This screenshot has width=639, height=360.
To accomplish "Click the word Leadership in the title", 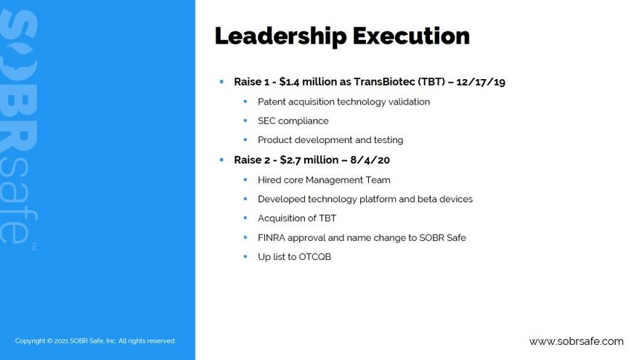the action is point(280,36).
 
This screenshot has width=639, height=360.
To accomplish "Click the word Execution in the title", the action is point(411,36).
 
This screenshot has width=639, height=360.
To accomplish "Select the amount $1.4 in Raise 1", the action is point(289,82).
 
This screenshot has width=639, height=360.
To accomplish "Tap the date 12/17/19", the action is point(481,82).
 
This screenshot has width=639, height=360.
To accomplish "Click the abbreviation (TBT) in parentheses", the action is point(431,82).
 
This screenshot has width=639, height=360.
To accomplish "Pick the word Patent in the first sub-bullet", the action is point(272,102).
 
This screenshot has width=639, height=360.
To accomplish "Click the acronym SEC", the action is point(266,121).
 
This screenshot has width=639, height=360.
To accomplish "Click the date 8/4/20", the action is point(370,160).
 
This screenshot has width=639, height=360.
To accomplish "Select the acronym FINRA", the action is point(272,237).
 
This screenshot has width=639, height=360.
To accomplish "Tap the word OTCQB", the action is point(314,257).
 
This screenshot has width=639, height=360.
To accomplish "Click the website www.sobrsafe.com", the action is point(577,341).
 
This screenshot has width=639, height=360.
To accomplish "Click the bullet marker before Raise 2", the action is point(221,160).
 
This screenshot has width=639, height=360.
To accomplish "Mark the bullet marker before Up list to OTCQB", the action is point(245,256).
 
